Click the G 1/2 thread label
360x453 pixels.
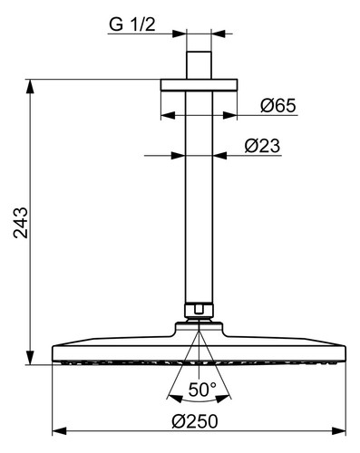[132, 24]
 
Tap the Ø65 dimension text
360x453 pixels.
[278, 106]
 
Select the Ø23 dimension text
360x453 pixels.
[262, 146]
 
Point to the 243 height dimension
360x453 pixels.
[21, 223]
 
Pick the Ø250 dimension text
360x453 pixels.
[195, 421]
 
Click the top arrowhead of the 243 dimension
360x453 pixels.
[30, 86]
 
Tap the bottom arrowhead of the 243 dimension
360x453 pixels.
[30, 358]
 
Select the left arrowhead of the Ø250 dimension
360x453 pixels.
[59, 431]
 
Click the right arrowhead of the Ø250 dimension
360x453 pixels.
[339, 431]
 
